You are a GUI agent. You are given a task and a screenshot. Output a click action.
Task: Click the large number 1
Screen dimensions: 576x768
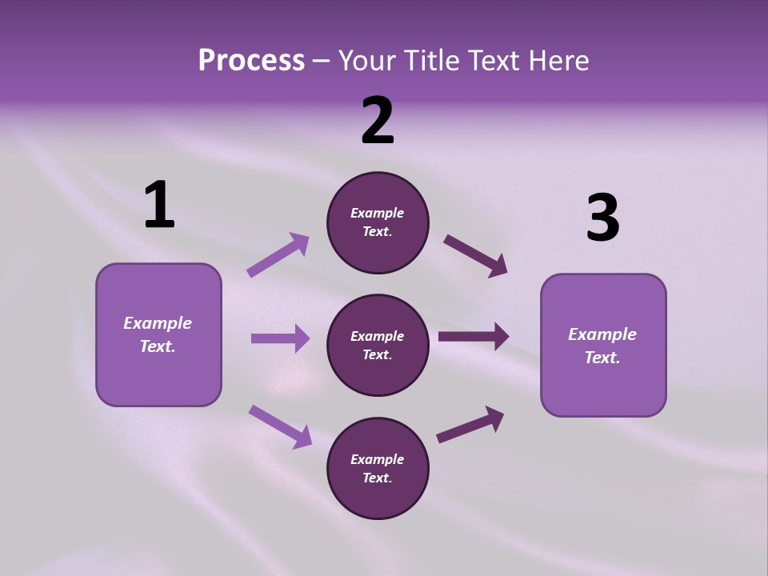tap(159, 206)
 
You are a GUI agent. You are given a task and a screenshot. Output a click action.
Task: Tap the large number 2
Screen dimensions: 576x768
tap(378, 121)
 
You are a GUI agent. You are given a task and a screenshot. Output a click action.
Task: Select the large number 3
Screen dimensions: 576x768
tap(602, 218)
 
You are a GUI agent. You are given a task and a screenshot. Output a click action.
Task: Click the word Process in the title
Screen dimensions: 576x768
tap(251, 60)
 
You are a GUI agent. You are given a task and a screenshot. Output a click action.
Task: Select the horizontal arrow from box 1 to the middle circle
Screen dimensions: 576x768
tap(280, 338)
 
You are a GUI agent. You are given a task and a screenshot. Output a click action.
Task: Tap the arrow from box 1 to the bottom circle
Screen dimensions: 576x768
tap(280, 426)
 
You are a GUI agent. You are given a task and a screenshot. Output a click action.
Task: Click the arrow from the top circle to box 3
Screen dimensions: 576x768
tap(475, 256)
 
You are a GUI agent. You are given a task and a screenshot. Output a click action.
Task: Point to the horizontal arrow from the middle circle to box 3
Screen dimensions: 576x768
tap(474, 337)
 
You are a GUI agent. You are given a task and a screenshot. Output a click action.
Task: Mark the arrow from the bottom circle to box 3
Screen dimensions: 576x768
tap(470, 425)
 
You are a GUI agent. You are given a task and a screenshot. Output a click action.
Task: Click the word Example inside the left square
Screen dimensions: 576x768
tap(158, 323)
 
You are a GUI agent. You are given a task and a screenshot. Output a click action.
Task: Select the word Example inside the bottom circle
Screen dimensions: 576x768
tap(378, 459)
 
